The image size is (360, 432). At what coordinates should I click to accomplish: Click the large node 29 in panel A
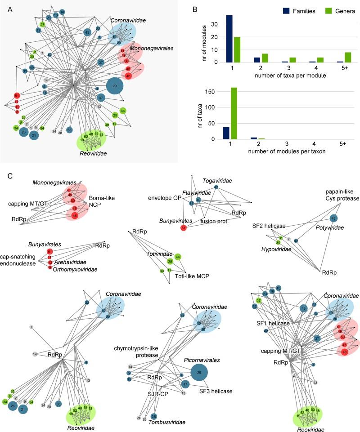point(114,85)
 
